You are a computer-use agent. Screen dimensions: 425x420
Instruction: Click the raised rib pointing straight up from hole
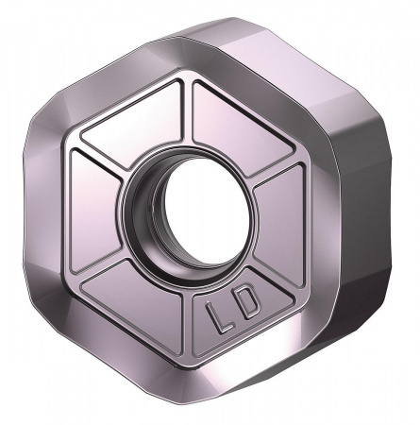187,113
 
